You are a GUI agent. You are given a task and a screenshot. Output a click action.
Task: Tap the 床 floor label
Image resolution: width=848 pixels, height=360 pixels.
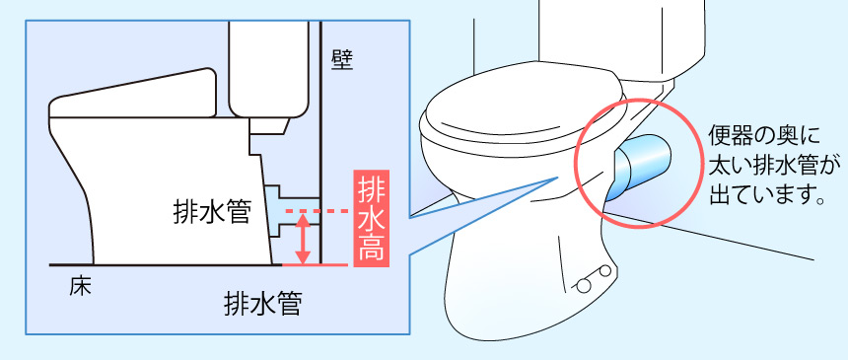(80, 286)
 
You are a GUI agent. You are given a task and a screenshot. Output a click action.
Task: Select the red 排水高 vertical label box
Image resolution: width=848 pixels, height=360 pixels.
(372, 219)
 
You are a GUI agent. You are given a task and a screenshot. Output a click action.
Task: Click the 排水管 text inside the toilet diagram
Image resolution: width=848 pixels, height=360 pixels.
(212, 212)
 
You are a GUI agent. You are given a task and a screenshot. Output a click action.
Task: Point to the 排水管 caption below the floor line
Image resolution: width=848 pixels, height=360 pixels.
(263, 304)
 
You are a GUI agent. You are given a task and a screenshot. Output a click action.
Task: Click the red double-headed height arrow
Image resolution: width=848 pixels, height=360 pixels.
(305, 239)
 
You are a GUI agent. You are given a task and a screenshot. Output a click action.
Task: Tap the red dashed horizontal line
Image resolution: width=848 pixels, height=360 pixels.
(318, 211)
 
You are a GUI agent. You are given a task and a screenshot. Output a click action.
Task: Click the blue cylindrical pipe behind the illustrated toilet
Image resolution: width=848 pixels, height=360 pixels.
(641, 167)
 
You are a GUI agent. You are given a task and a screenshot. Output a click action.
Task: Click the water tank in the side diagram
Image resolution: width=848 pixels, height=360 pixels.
(268, 69)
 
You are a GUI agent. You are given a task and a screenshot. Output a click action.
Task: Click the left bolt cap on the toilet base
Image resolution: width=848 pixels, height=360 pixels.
(584, 285)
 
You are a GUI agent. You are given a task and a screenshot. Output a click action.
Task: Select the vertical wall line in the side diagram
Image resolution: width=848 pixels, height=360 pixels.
(321, 143)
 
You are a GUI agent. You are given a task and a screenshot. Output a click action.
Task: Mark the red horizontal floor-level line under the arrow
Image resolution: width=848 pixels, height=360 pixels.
(315, 265)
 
